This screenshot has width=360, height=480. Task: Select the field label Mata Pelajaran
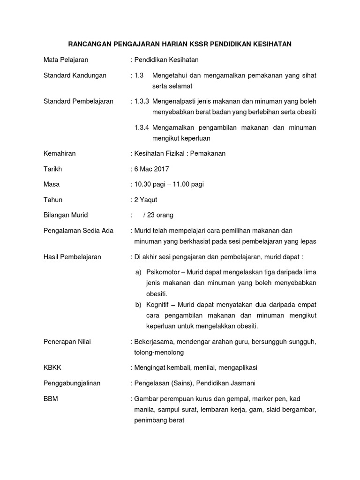point(66,60)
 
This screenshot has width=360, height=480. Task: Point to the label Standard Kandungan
point(75,75)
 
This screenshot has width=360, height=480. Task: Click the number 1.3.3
point(142,101)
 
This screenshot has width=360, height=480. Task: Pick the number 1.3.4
point(142,127)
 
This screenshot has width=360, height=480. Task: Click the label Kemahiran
point(60,153)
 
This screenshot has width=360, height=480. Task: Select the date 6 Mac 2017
point(152,169)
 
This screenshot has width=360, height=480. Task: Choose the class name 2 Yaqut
point(146,200)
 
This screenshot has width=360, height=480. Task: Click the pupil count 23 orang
point(160,215)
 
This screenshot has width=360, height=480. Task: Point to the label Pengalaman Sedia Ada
point(78,231)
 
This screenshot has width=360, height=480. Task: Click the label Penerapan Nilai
point(67,342)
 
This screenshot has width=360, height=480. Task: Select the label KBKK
point(52,367)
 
